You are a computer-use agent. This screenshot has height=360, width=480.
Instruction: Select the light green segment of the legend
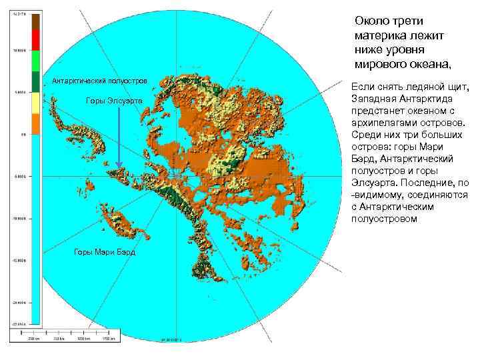click(x=35, y=60)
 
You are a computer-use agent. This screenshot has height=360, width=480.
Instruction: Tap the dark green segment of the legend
click(x=35, y=80)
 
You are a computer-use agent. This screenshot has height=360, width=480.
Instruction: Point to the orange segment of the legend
click(x=35, y=123)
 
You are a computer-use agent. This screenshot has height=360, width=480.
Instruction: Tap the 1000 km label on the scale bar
click(x=83, y=338)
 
